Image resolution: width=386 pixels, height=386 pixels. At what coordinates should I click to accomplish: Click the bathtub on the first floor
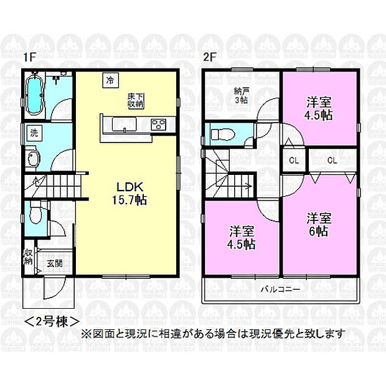[x=35, y=95]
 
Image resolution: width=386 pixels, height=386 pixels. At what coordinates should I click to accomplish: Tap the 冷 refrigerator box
[x=111, y=80]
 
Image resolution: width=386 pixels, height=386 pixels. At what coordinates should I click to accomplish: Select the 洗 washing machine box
[x=34, y=133]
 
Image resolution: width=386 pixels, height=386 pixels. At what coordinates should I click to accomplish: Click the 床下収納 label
[x=136, y=100]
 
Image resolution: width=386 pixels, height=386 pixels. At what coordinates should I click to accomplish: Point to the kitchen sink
[x=125, y=125]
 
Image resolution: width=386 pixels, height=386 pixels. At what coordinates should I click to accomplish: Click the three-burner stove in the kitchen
[x=159, y=125]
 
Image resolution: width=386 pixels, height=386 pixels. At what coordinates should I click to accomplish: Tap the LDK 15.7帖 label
[x=129, y=194]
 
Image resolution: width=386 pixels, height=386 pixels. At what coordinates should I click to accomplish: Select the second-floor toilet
[x=223, y=134]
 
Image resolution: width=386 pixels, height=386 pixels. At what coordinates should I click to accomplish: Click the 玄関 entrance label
[x=55, y=263]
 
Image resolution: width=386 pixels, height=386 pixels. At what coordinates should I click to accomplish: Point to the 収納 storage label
[x=28, y=257]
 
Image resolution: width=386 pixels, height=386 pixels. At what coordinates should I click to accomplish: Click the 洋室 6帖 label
[x=319, y=225]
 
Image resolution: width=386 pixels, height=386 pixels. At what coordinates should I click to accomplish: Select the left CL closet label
[x=294, y=161]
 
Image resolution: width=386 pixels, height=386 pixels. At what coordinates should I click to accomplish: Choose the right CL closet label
[x=332, y=161]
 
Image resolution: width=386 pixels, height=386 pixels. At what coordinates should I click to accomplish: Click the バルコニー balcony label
[x=280, y=289]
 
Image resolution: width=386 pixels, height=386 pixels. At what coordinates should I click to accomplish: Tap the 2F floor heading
[x=210, y=57]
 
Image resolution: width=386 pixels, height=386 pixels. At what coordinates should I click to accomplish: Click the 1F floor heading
[x=30, y=57]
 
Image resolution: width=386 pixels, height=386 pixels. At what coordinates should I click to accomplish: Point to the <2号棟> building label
[x=52, y=321]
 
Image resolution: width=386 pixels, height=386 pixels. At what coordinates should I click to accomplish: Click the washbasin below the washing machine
[x=34, y=159]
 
